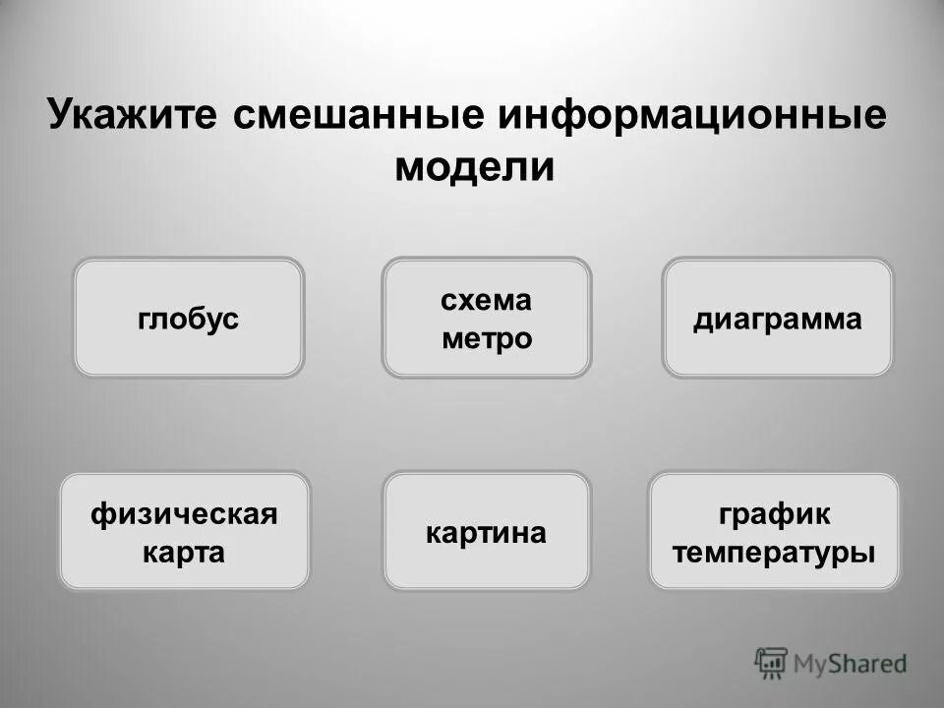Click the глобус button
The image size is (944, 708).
(188, 317)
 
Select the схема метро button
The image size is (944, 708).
(487, 317)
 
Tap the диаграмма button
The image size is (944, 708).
(777, 317)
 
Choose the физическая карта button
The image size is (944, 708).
(185, 531)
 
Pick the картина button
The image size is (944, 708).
(487, 531)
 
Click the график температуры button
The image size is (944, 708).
(774, 531)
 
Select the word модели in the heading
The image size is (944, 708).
(475, 167)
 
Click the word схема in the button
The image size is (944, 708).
(487, 299)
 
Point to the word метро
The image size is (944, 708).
(487, 338)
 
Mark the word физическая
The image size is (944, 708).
(185, 513)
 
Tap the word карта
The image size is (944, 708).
(185, 552)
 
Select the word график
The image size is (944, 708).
(774, 513)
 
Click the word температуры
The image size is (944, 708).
(774, 552)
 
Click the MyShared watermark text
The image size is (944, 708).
(851, 664)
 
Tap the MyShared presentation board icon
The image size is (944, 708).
(772, 663)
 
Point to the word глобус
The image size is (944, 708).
(188, 319)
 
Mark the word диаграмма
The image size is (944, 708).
(777, 319)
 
